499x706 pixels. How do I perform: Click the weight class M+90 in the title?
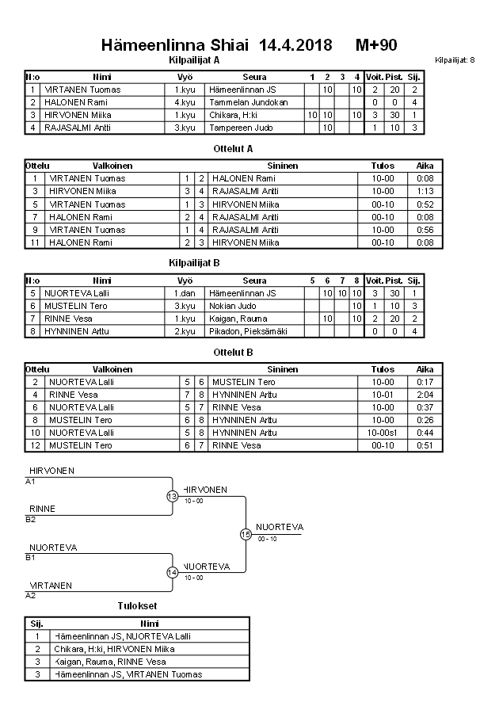click(376, 44)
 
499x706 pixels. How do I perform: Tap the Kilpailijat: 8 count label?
click(455, 60)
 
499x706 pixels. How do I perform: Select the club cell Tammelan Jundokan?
click(249, 102)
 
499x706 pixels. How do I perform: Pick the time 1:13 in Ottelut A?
click(425, 191)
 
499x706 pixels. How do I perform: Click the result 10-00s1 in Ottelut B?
click(387, 433)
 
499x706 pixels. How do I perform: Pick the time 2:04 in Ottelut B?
click(425, 395)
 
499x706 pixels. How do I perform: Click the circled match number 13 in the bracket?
click(172, 497)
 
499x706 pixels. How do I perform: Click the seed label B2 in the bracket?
click(30, 519)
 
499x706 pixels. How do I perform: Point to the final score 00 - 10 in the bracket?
click(268, 539)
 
